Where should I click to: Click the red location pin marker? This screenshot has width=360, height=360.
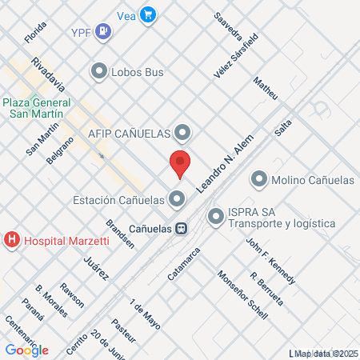[180, 162]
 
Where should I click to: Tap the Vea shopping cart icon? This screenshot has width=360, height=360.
[147, 14]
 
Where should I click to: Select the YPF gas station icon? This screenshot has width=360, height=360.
[103, 32]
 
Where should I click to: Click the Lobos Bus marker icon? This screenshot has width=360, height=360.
[99, 72]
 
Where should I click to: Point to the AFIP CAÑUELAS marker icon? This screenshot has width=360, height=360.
[183, 131]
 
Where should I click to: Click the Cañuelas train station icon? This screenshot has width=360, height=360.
[182, 227]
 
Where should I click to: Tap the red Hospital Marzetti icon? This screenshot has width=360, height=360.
[12, 239]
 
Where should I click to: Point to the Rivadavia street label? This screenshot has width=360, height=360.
[47, 74]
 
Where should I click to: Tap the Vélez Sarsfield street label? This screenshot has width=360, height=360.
[236, 56]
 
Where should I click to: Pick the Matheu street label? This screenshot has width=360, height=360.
[265, 88]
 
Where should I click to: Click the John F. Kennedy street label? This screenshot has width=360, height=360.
[270, 261]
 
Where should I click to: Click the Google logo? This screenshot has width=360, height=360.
[27, 350]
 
